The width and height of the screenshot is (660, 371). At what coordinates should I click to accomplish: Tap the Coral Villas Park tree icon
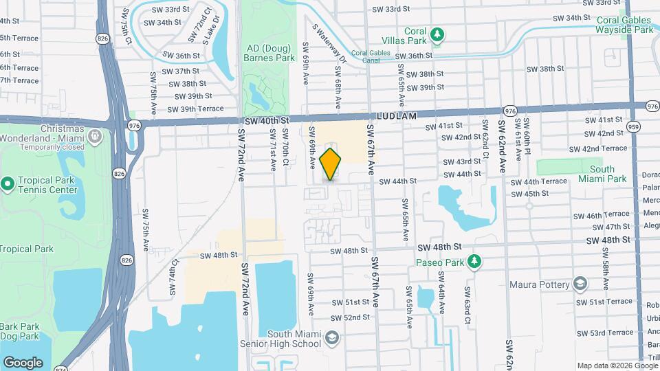point(437,34)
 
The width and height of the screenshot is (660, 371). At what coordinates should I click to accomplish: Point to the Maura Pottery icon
point(580,284)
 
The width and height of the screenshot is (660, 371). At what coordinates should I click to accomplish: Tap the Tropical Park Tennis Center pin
point(8,183)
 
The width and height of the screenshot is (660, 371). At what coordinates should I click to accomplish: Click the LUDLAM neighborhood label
point(396,117)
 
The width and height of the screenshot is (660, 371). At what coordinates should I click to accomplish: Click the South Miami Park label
point(602,174)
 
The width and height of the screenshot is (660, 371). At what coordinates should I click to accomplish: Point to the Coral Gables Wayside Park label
point(624,24)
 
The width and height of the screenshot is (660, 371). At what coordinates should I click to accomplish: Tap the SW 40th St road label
point(266,120)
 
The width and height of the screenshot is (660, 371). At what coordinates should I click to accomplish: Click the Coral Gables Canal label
point(375,56)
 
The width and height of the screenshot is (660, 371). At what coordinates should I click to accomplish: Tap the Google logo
point(23,362)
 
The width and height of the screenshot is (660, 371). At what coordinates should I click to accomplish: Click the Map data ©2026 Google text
point(617,366)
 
